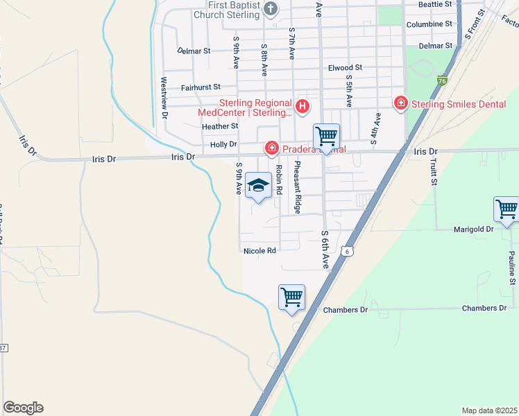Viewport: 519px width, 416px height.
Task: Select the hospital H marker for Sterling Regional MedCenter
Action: click(x=303, y=106)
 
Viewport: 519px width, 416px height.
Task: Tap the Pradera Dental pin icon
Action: click(x=271, y=148)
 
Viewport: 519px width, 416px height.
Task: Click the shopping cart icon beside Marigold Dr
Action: click(x=507, y=209)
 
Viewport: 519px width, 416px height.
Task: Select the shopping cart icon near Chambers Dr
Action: click(x=292, y=297)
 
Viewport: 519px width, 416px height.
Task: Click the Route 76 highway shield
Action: click(x=442, y=81)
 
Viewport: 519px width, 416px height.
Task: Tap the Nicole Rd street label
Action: click(x=259, y=250)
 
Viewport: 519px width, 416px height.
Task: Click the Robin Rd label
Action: click(x=279, y=177)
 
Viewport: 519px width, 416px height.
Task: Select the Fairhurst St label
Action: click(x=200, y=87)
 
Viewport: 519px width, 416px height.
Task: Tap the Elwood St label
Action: click(x=345, y=69)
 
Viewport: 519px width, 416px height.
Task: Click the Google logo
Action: click(x=23, y=408)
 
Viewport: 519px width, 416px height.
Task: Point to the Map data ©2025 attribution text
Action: click(x=489, y=410)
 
